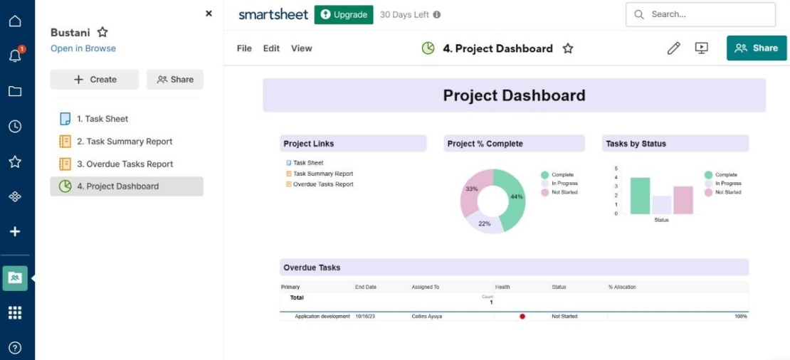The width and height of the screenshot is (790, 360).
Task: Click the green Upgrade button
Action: point(344,14)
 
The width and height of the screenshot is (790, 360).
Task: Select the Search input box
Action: point(700,14)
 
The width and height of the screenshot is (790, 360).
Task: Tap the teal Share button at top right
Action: point(757,48)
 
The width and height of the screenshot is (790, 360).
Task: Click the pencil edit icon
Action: point(673,48)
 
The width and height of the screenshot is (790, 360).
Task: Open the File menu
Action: point(244,48)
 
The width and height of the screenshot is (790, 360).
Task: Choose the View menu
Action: point(302,48)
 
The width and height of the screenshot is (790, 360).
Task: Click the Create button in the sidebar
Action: point(95,80)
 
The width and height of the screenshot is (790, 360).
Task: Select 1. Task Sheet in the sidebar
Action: point(102,119)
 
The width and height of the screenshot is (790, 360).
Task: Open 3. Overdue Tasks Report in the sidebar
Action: point(125,164)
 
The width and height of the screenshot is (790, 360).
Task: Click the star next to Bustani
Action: point(102,33)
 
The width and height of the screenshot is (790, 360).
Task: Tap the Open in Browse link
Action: point(83,48)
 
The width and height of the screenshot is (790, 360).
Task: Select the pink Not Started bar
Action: point(683,200)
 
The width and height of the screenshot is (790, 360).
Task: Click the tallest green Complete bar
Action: point(640,196)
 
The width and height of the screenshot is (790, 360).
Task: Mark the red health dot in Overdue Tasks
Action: point(522,317)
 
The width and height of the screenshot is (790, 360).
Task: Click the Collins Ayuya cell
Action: point(427,317)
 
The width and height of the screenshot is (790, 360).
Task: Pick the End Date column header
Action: point(366,287)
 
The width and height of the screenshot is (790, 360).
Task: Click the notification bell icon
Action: point(15,56)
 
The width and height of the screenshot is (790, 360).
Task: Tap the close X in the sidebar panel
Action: point(209,14)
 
